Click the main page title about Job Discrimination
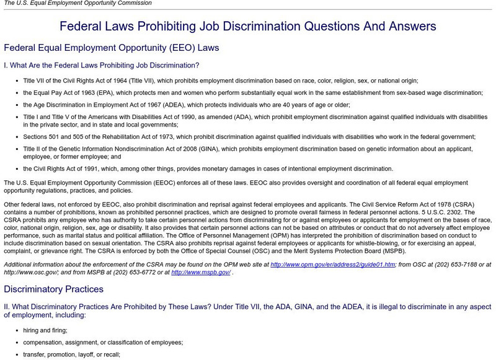tap(248, 27)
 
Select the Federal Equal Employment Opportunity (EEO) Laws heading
tap(112, 48)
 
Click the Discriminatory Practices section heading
tap(53, 289)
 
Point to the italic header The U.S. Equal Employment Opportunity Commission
tap(77, 3)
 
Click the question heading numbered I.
tap(102, 65)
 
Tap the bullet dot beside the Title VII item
tap(16, 81)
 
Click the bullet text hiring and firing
tap(46, 330)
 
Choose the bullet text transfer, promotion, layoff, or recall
tap(72, 354)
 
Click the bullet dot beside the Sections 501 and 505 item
tap(16, 137)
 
